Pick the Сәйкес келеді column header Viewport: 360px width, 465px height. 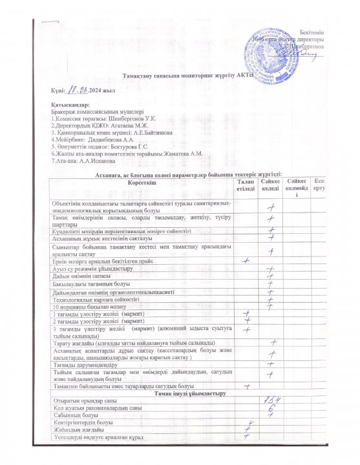click(x=271, y=186)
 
